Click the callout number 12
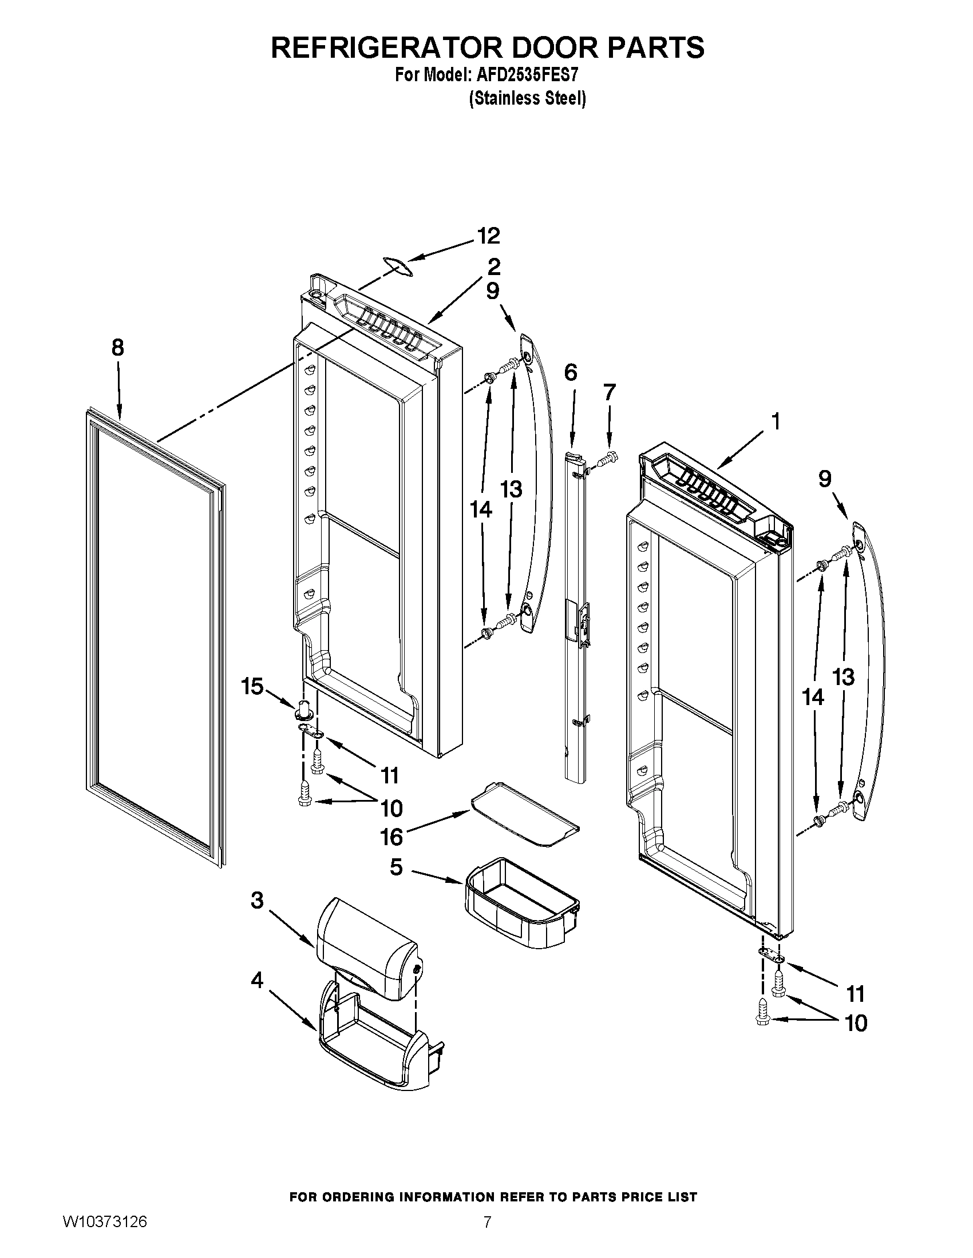(x=488, y=236)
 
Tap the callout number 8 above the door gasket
(x=117, y=348)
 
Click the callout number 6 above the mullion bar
(x=570, y=373)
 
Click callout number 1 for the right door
(x=776, y=421)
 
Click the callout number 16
(x=391, y=837)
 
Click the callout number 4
(x=257, y=980)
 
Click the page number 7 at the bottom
(x=487, y=1235)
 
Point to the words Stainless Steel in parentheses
(x=528, y=99)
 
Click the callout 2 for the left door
(x=493, y=266)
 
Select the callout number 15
(x=252, y=687)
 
